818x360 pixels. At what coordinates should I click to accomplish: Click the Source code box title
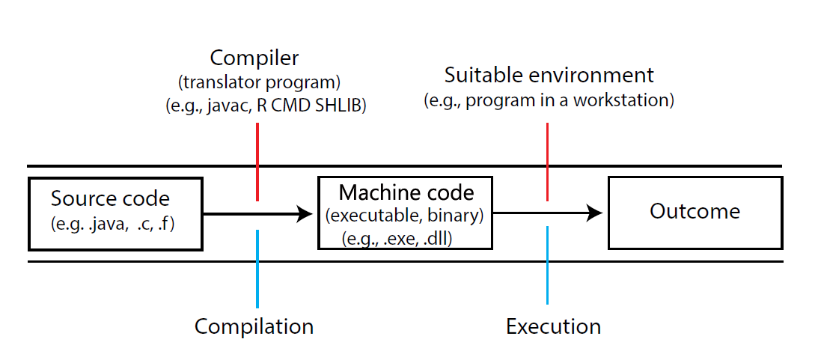[x=110, y=199]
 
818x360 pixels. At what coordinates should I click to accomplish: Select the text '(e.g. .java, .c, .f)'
[x=112, y=223]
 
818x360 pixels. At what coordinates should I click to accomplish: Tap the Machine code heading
[x=406, y=193]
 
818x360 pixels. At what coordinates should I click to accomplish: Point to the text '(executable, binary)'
[x=405, y=216]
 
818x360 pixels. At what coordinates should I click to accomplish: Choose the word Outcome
[x=695, y=212]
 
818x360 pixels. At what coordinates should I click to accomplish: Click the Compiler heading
[x=254, y=58]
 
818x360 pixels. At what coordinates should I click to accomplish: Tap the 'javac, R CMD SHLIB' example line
[x=266, y=106]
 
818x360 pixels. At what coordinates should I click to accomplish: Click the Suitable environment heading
[x=549, y=75]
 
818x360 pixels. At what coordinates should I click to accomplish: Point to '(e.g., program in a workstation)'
[x=549, y=100]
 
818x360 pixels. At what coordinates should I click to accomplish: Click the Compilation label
[x=254, y=327]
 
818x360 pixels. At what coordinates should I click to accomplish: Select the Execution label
[x=553, y=327]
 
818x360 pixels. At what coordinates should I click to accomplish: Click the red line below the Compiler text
[x=257, y=162]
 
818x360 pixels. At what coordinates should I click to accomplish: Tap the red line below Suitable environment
[x=547, y=162]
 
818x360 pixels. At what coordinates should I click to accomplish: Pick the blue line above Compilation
[x=257, y=268]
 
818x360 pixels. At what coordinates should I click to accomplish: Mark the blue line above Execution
[x=547, y=265]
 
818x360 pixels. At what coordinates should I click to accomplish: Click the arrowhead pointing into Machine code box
[x=304, y=214]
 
